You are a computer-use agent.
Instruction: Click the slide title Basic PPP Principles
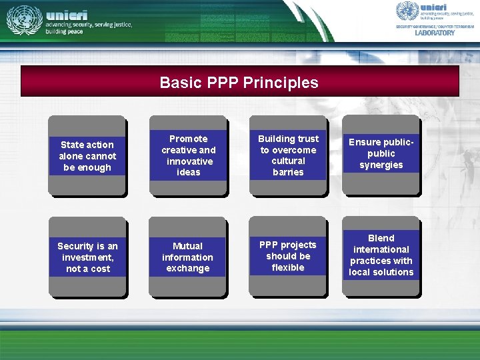click(x=239, y=83)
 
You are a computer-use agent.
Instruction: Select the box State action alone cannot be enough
click(x=87, y=156)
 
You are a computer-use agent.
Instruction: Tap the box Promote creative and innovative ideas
click(x=188, y=155)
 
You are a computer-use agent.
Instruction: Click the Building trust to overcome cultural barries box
click(x=288, y=155)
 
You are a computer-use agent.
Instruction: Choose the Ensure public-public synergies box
click(x=381, y=154)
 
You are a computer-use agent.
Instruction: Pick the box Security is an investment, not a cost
click(x=87, y=257)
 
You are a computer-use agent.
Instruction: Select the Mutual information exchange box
click(x=188, y=257)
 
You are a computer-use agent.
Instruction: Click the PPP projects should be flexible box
click(x=288, y=257)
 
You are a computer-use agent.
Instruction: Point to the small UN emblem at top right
click(x=407, y=11)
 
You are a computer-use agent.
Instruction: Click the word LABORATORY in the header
click(x=435, y=33)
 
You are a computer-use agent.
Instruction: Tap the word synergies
click(x=381, y=165)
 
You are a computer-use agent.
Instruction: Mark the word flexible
click(x=288, y=268)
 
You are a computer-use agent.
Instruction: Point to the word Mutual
click(x=188, y=246)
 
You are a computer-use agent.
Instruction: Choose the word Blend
click(x=381, y=238)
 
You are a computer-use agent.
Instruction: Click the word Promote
click(x=188, y=139)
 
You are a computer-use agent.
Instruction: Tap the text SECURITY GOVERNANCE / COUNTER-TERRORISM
click(x=435, y=26)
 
